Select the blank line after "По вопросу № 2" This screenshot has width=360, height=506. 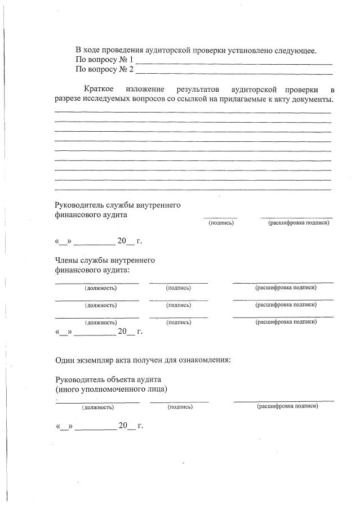(234, 71)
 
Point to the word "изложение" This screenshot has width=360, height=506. (145, 90)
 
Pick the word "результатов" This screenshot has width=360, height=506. (197, 90)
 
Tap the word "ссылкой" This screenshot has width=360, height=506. (197, 100)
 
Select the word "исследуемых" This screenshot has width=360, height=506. (116, 100)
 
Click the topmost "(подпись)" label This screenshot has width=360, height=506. (221, 223)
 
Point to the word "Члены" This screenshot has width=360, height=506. (67, 261)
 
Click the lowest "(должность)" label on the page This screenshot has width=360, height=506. (98, 406)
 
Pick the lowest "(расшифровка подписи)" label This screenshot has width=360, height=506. (287, 406)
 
